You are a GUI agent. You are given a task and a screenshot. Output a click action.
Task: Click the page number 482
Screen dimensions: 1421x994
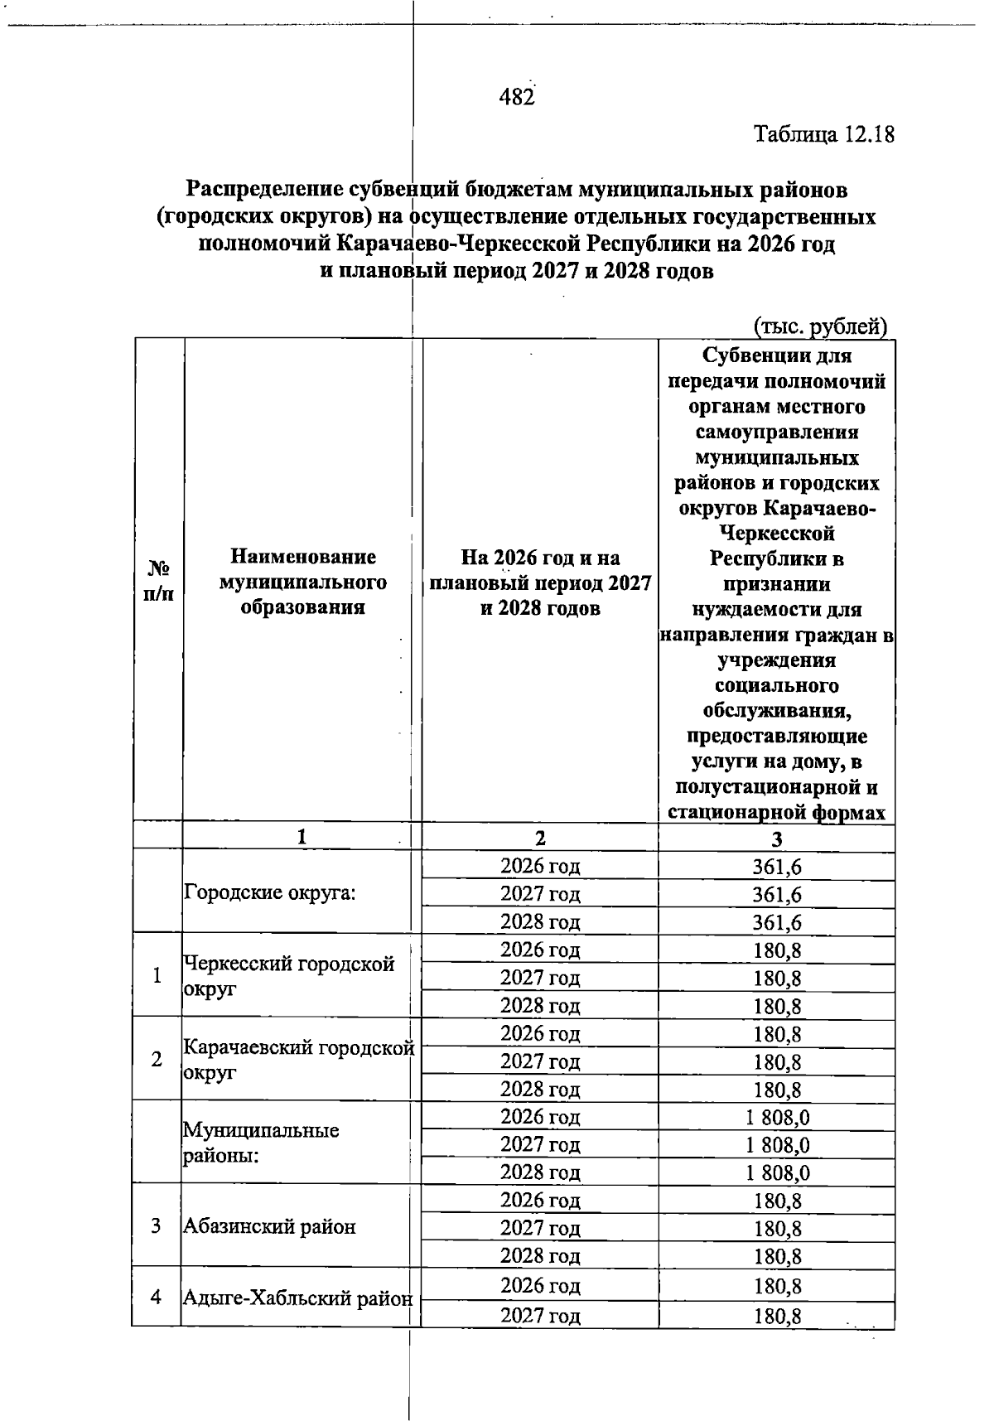516,97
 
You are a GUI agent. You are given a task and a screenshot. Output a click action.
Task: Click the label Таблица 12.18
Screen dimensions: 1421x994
824,134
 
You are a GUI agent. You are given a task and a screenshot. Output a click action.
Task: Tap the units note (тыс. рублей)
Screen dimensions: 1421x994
821,326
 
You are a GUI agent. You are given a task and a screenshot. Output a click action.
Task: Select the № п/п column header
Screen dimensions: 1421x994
157,581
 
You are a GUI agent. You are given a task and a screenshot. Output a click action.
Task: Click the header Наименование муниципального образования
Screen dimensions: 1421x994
302,582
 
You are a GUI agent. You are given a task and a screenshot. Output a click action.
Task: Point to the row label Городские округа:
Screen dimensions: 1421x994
270,893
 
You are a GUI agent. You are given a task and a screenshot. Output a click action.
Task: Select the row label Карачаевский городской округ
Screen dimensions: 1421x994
297,1060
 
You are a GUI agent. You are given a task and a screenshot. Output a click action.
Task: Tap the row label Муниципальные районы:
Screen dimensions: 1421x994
261,1143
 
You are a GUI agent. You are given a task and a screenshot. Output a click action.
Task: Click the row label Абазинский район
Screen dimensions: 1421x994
270,1226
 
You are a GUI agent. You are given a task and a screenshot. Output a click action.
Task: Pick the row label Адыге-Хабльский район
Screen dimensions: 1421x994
297,1298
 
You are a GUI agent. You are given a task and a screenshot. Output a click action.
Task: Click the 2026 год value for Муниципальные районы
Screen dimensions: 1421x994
777,1118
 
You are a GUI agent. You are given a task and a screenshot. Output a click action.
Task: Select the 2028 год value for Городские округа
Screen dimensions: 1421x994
777,922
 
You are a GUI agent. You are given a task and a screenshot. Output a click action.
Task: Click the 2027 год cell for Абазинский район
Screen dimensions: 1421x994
540,1228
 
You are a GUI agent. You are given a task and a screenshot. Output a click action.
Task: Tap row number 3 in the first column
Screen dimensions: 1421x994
157,1226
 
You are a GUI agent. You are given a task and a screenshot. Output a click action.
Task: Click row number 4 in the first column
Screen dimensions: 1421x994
157,1297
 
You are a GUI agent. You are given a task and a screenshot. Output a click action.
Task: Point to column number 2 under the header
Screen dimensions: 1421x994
540,838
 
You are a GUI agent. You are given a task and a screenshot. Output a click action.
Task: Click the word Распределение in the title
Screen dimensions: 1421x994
264,190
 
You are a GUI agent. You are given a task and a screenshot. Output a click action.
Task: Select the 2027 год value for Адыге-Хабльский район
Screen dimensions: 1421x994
777,1316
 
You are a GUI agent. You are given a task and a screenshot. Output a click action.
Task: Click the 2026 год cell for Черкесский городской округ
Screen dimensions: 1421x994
540,950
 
